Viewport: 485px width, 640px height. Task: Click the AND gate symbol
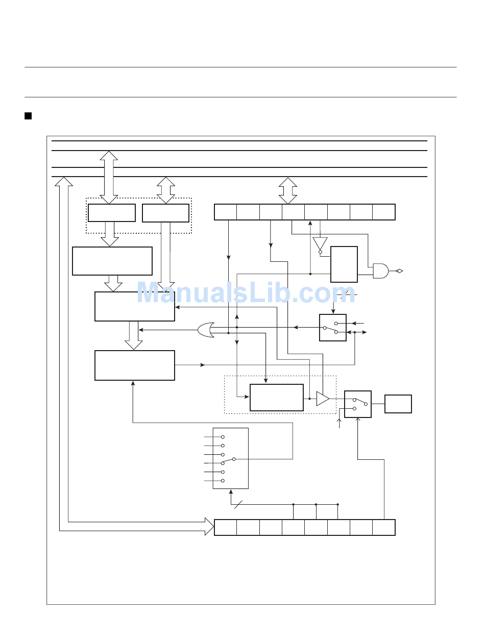pos(380,271)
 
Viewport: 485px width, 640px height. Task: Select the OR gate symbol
pos(206,330)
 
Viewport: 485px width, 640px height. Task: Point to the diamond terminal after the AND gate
pos(399,271)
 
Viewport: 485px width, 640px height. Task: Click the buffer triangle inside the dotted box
pos(323,398)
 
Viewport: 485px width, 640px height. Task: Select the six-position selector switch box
pos(231,458)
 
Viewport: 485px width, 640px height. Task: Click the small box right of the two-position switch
pos(398,404)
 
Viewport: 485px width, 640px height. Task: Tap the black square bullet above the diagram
pos(28,116)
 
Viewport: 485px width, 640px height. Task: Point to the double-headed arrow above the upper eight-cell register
pos(288,190)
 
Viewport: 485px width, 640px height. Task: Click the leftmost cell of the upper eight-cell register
pos(226,212)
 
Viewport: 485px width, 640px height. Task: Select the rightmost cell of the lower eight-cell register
pos(384,527)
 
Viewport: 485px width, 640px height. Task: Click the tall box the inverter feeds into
pos(344,264)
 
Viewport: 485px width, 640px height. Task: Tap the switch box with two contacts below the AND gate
pos(333,328)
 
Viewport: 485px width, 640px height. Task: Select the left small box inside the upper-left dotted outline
pos(112,213)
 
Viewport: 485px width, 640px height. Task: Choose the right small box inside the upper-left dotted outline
pos(165,213)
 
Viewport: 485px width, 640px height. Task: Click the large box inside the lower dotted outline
pos(277,398)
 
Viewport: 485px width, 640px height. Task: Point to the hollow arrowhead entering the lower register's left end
pos(209,526)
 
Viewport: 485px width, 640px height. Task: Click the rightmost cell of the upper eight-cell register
pos(384,212)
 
